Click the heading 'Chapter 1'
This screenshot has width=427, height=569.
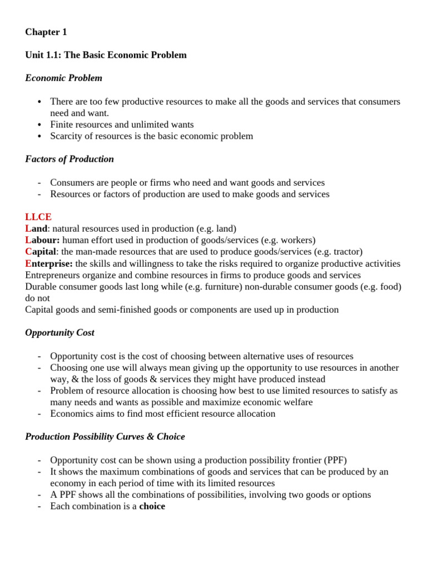click(x=46, y=32)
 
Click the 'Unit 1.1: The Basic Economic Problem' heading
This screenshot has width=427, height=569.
click(x=106, y=55)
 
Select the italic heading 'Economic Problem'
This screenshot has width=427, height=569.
click(x=63, y=78)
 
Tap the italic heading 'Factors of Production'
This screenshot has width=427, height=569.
click(x=69, y=159)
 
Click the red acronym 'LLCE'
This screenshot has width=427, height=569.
click(x=38, y=217)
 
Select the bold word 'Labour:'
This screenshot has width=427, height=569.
click(x=42, y=240)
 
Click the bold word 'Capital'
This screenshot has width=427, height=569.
click(x=41, y=252)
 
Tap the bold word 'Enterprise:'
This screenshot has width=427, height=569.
click(x=49, y=263)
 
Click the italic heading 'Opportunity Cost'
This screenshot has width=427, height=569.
click(x=59, y=332)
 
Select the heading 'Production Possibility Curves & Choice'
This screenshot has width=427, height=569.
click(x=105, y=437)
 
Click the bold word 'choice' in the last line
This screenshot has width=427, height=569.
click(x=152, y=506)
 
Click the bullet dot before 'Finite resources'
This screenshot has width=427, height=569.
click(x=39, y=125)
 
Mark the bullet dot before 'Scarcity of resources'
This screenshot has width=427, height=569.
click(x=39, y=137)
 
